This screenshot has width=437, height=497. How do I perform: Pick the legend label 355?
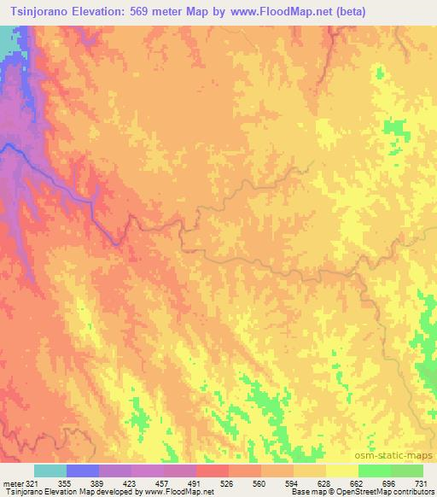click(x=64, y=482)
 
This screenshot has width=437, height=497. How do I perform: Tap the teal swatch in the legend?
click(x=50, y=471)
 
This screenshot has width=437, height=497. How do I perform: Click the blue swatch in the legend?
click(x=83, y=471)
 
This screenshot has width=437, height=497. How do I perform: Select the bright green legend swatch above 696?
click(x=374, y=471)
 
